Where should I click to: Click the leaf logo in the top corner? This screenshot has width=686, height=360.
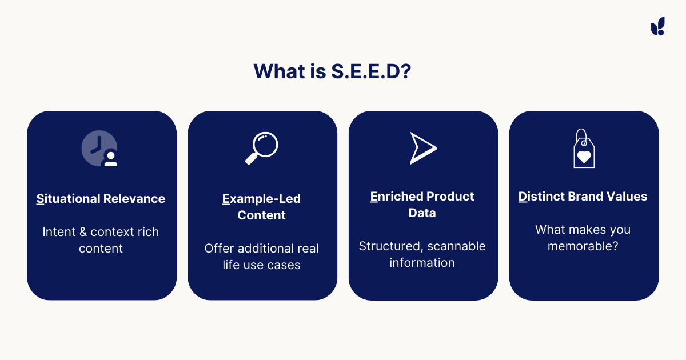[657, 26]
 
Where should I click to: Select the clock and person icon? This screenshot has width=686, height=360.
[100, 149]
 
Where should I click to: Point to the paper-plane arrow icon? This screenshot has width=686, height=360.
[422, 148]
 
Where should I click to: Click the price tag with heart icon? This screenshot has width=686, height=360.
[584, 149]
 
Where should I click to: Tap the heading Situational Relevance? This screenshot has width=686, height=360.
[101, 199]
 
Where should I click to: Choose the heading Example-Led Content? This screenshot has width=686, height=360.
[262, 207]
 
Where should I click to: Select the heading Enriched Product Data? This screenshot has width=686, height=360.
[422, 205]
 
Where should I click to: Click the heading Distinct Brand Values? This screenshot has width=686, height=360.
[583, 197]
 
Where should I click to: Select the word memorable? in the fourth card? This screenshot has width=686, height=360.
[584, 246]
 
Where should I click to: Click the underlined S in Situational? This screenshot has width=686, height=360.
[40, 199]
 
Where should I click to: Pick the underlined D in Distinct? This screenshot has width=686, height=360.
[523, 197]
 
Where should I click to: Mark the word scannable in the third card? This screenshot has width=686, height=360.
[457, 246]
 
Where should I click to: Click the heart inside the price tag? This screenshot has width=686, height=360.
[584, 156]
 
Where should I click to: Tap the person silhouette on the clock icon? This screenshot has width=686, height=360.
[110, 159]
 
